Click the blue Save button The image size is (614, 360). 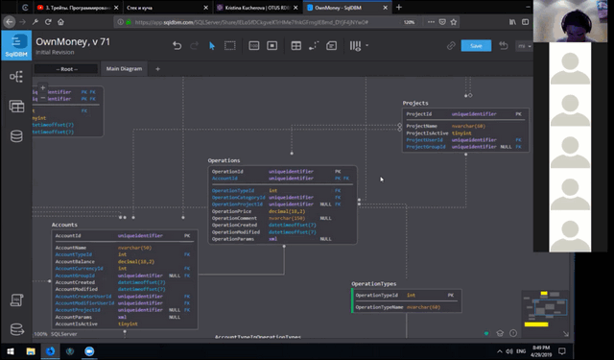pos(475,45)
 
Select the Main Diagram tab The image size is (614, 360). pos(125,69)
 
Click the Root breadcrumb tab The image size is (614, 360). pos(67,69)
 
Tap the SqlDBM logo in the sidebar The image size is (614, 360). pos(15,45)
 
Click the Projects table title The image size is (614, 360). pos(415,103)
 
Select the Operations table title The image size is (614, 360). pos(224,160)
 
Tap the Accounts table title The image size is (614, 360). pos(64,225)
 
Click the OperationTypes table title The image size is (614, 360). pos(374,284)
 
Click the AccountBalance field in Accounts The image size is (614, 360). pos(76,261)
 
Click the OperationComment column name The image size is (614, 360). pos(235,218)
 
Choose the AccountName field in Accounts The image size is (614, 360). pos(72,247)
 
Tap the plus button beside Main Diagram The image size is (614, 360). pos(158,69)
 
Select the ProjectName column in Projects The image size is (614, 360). pos(421,126)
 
